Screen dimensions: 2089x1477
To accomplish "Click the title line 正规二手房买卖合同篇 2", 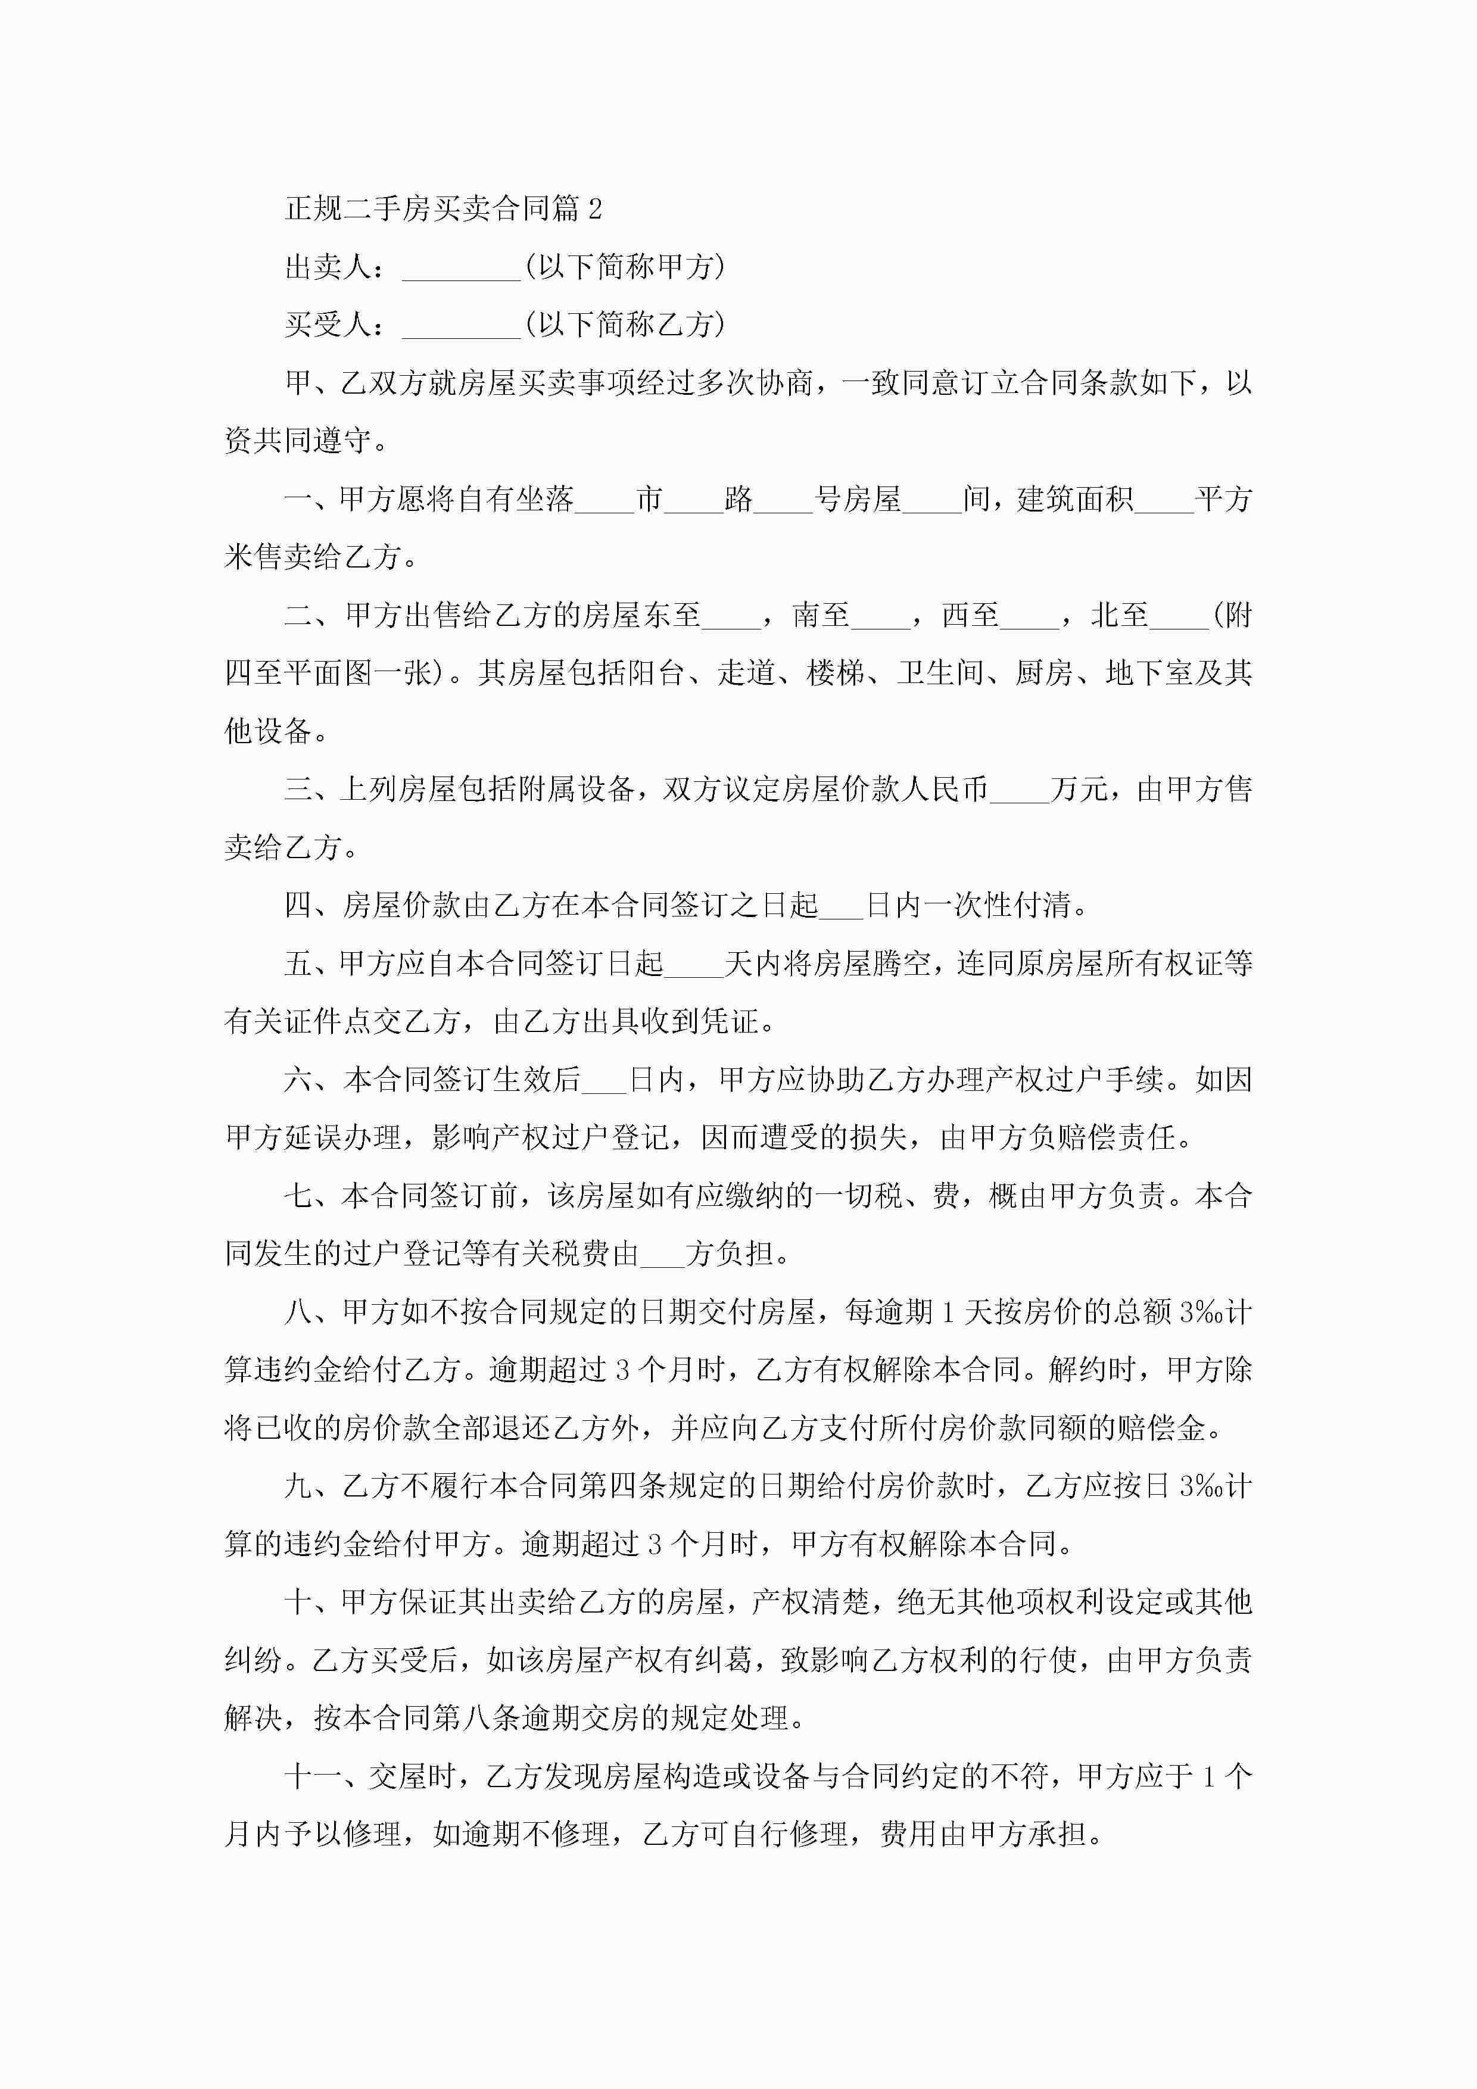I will tap(443, 209).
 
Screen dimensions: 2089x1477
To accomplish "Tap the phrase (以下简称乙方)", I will tap(625, 325).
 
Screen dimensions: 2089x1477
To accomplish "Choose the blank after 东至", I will tap(732, 617).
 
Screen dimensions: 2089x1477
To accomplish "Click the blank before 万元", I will tap(1018, 791).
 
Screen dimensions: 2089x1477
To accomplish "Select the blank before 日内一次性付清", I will tap(841, 906).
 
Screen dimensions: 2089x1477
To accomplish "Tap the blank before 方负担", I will tap(662, 1255).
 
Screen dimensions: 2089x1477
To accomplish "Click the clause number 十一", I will tap(312, 1777).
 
